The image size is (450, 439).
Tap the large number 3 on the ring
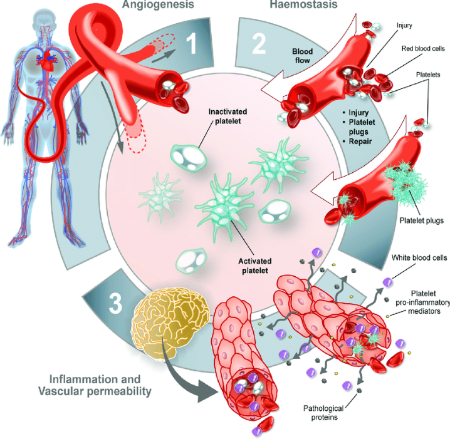[115, 303]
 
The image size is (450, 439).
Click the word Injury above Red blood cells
[405, 26]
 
